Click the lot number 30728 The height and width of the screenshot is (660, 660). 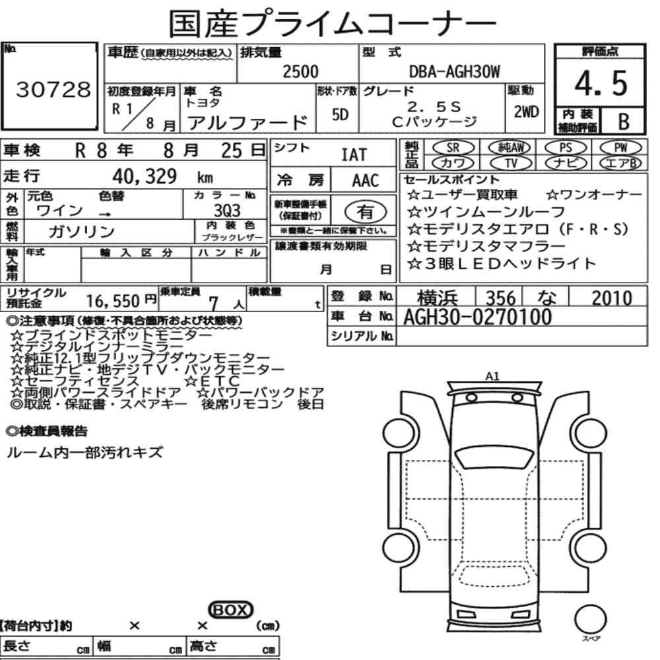[53, 89]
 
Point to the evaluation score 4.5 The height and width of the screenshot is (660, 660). [601, 83]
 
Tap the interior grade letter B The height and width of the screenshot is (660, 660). [624, 121]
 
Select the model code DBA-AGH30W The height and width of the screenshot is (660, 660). [455, 71]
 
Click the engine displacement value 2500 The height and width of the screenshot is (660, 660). [300, 71]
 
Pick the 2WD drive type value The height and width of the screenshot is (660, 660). [526, 112]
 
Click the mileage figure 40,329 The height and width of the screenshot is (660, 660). [145, 176]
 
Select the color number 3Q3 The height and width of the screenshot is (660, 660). [227, 210]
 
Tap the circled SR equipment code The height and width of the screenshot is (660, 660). [453, 148]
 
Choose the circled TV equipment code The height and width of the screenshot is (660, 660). [511, 163]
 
